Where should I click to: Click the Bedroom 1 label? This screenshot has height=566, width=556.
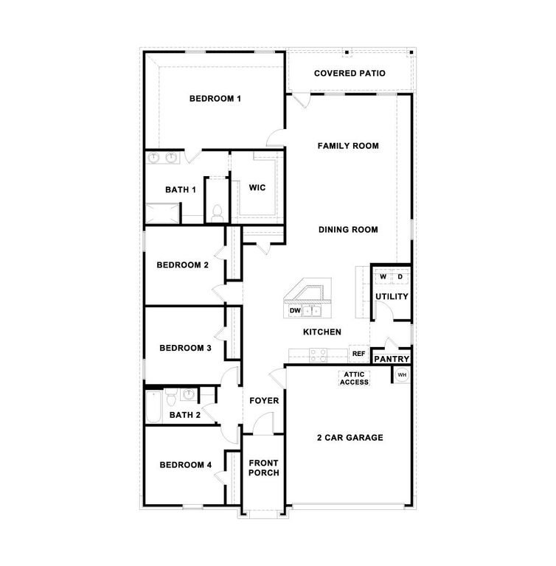click(x=215, y=99)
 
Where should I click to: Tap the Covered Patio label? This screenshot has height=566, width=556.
click(x=350, y=73)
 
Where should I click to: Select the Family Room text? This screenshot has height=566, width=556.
click(x=348, y=146)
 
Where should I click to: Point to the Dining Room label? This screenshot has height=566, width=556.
click(x=348, y=230)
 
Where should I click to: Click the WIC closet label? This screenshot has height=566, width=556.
click(x=257, y=188)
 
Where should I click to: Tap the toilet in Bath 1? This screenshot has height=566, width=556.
click(x=217, y=213)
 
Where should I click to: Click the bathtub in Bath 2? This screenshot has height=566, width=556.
click(x=153, y=405)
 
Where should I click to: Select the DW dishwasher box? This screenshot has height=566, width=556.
click(x=295, y=311)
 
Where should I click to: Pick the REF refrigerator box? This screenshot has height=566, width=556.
click(x=359, y=354)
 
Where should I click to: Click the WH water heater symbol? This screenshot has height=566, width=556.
click(x=402, y=375)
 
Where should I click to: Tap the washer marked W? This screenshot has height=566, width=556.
click(x=383, y=276)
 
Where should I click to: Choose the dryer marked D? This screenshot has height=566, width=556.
click(x=400, y=276)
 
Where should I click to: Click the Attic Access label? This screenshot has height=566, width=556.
click(x=355, y=378)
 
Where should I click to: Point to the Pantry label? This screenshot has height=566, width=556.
click(x=392, y=359)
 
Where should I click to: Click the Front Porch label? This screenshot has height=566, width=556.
click(x=263, y=468)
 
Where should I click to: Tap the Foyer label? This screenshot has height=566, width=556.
click(x=264, y=401)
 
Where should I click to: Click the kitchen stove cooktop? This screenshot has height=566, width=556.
click(x=319, y=354)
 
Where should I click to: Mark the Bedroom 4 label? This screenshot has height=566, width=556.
click(x=186, y=465)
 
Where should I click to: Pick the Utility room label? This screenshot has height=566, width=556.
click(x=392, y=297)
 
